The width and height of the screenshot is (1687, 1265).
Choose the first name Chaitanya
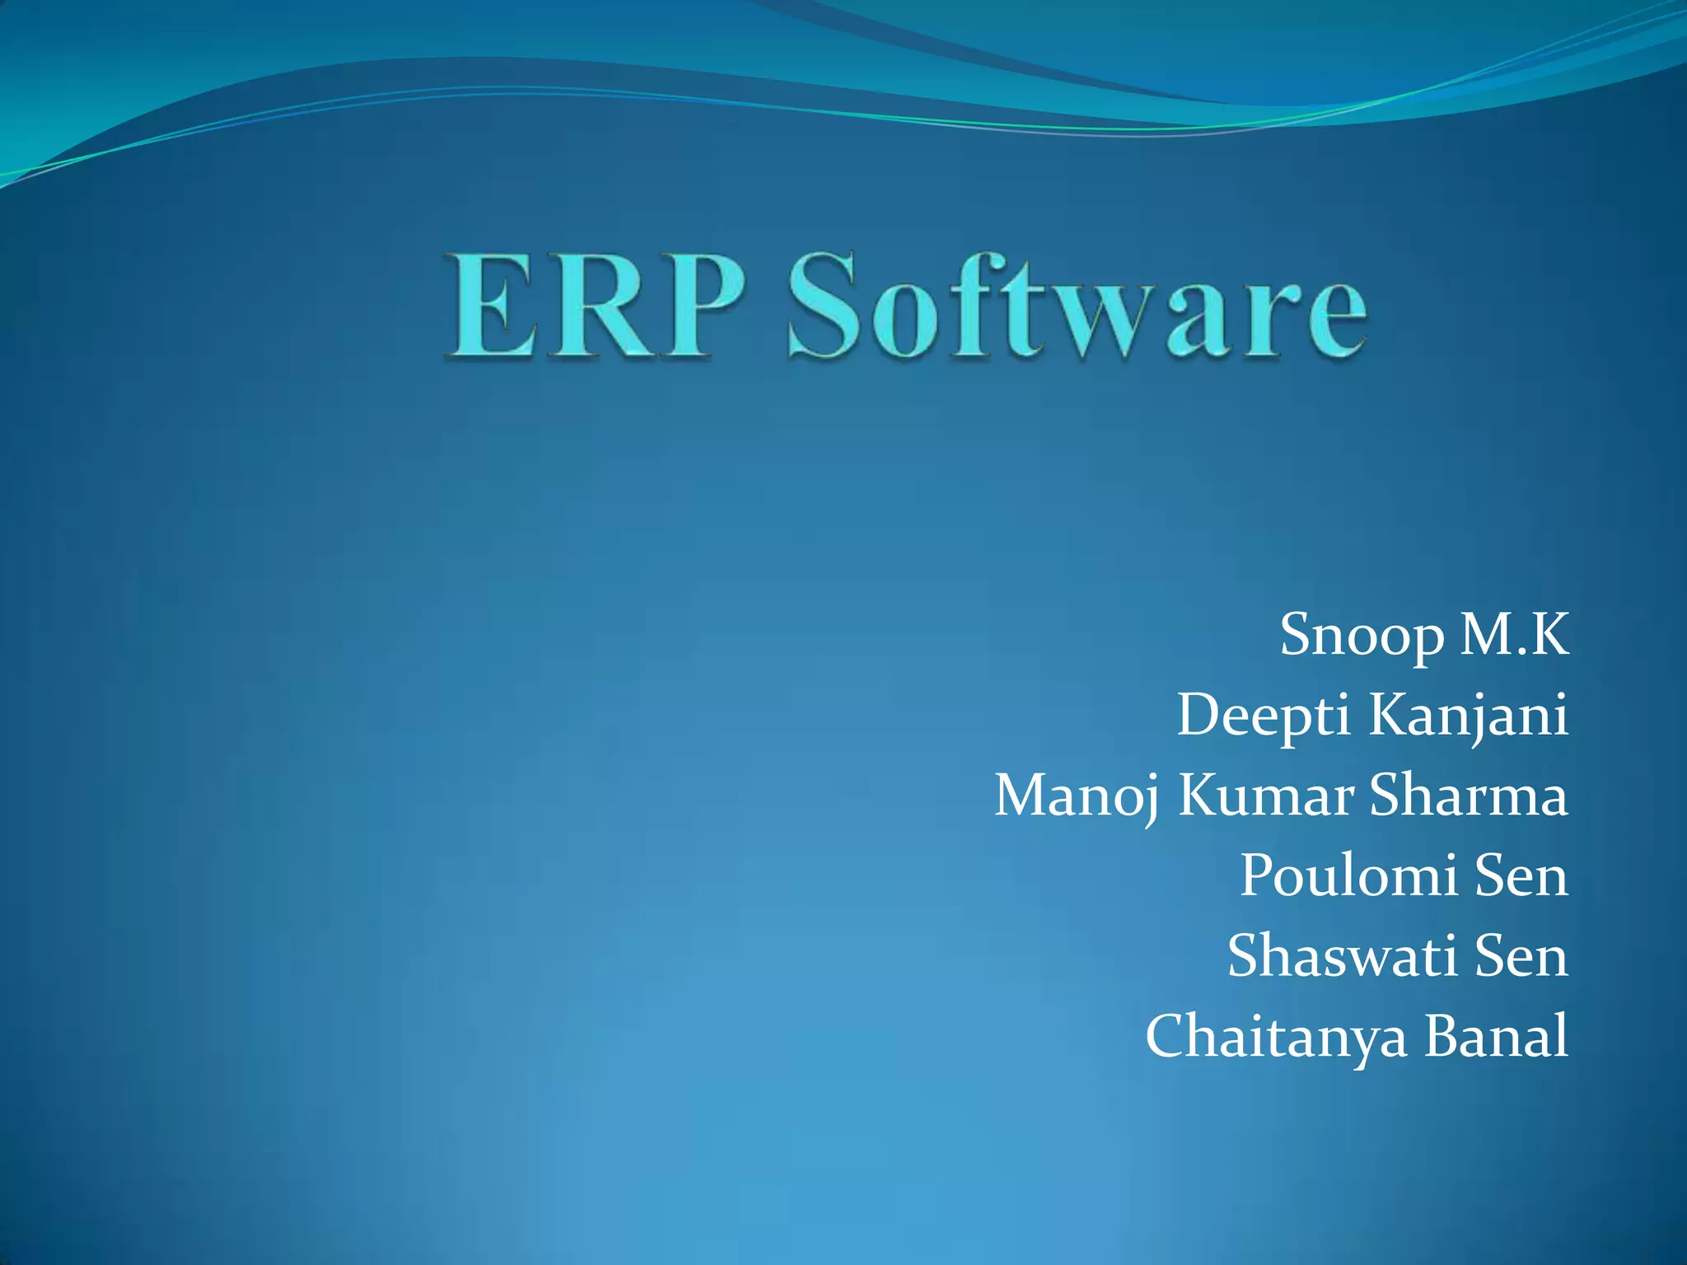coord(1276,1036)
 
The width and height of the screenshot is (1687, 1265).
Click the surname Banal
coord(1496,1035)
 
